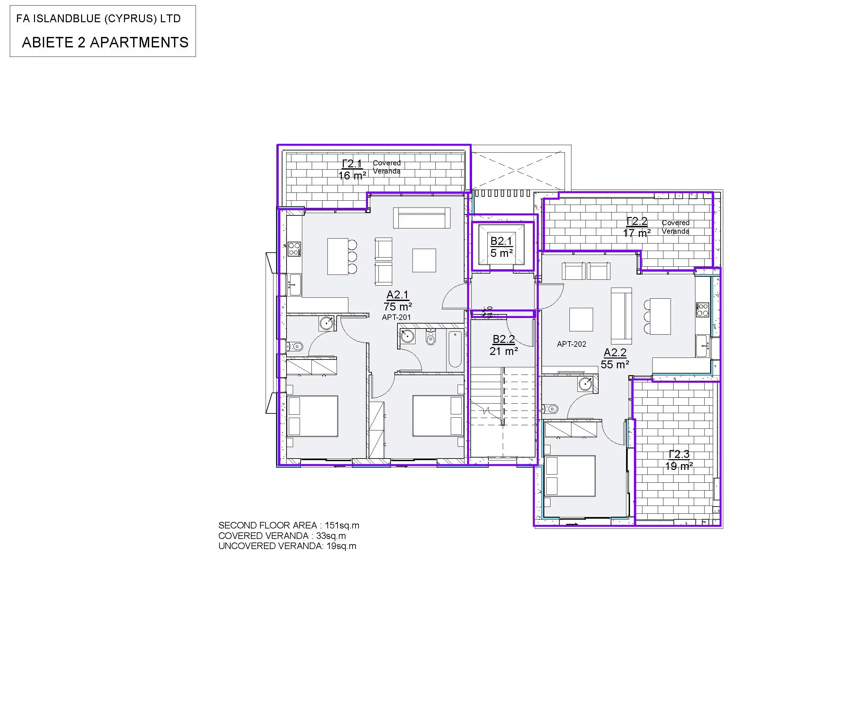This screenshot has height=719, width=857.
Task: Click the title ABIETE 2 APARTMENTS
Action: tap(105, 42)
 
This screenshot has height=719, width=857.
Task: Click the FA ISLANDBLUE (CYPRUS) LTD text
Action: tap(98, 18)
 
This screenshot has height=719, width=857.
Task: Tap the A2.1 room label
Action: tap(397, 295)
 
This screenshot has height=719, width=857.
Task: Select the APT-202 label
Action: tap(571, 344)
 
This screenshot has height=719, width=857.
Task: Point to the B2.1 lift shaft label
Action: tap(501, 241)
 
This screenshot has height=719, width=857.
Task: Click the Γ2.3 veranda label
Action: tap(679, 454)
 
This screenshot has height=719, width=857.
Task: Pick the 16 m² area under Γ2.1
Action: tap(352, 176)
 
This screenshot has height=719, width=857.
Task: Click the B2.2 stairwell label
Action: tap(504, 339)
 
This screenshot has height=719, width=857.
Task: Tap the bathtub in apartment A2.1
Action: tap(455, 349)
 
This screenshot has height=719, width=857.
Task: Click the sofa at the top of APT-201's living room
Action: tap(422, 218)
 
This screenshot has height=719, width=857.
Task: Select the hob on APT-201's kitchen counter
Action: tap(294, 249)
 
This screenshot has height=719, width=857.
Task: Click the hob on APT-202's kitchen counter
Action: tap(702, 310)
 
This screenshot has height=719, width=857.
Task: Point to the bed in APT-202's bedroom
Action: tap(570, 476)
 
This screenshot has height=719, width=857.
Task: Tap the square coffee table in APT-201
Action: tap(424, 260)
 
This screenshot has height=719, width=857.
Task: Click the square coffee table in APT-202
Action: tap(581, 319)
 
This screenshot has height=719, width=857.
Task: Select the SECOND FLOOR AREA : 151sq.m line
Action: tap(289, 525)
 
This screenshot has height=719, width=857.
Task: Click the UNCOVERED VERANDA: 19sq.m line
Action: tap(287, 546)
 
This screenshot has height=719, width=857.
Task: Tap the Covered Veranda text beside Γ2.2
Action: tap(675, 227)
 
